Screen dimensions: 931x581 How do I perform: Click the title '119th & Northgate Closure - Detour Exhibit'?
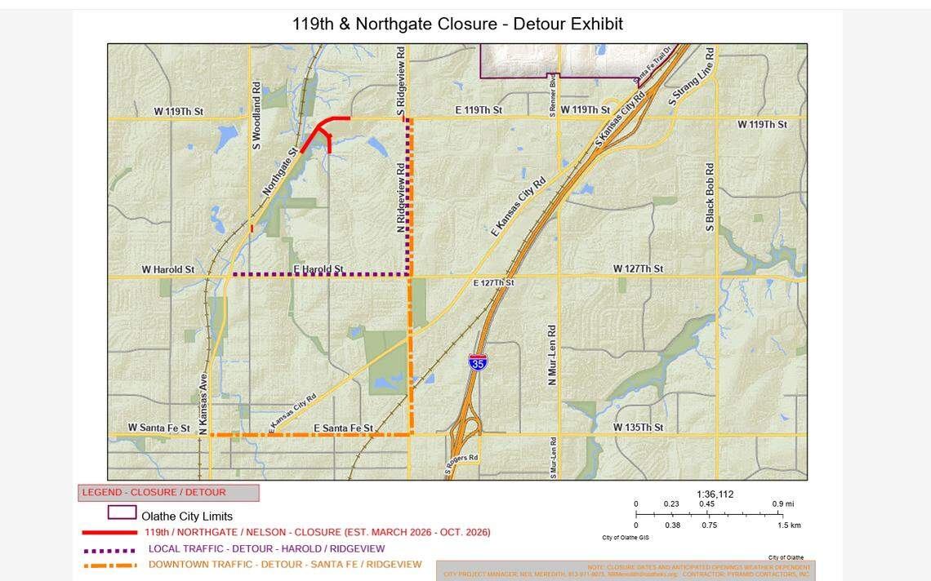tap(457, 24)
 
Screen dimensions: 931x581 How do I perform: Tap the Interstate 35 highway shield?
tap(479, 362)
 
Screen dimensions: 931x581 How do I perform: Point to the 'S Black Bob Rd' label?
tap(710, 197)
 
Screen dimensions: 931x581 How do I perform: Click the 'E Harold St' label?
tap(318, 269)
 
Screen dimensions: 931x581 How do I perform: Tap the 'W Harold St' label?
tap(168, 269)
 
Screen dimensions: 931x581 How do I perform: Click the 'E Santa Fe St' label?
tap(343, 428)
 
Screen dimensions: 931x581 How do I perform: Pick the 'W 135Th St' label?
tap(638, 428)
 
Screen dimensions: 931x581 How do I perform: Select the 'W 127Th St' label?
tap(638, 269)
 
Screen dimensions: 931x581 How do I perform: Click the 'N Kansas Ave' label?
tap(203, 399)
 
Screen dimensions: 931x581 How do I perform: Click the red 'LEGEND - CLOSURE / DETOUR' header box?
tap(168, 493)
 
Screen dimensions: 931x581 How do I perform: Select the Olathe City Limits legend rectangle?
tap(122, 513)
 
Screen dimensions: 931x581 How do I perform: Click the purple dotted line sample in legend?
tap(109, 550)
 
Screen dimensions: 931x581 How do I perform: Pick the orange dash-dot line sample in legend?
tap(109, 565)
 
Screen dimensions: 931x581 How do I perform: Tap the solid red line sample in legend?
tap(109, 533)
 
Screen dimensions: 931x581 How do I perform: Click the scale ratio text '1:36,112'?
tap(715, 494)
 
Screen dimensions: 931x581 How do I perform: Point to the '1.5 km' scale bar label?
tap(789, 526)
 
